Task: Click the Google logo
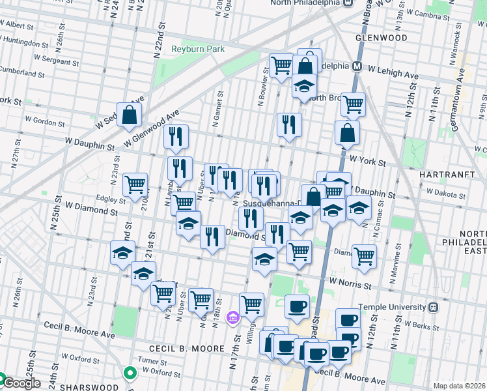21,384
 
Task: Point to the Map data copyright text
459,386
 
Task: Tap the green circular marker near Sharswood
130,373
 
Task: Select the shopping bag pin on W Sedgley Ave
130,115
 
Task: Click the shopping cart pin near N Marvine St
364,254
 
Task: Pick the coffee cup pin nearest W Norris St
298,306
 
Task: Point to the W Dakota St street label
443,192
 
